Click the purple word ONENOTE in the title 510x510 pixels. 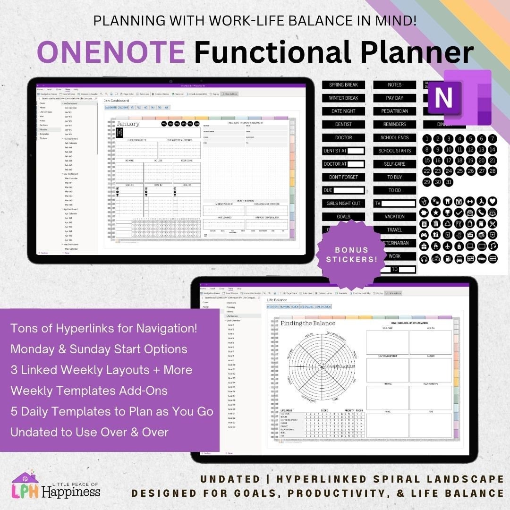(111, 52)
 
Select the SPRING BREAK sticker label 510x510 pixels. (344, 85)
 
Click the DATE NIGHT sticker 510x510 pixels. (344, 111)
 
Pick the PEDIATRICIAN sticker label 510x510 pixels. (394, 111)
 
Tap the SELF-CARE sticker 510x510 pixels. (394, 164)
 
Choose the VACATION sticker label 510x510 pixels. (394, 217)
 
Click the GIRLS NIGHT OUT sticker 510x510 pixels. (344, 204)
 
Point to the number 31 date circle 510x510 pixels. (449, 182)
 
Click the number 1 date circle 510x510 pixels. (427, 139)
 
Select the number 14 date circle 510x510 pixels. (493, 150)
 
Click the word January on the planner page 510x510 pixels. (128, 124)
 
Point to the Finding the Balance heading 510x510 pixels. (308, 323)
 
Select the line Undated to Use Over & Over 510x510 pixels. (89, 432)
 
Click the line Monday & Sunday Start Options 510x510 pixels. (99, 349)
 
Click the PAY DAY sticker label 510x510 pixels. (394, 98)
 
